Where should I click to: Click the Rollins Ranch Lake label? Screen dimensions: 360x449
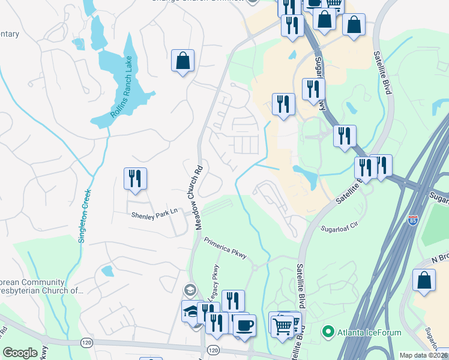point(121,95)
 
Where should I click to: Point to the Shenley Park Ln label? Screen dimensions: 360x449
point(155,212)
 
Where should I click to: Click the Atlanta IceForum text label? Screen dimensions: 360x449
point(360,331)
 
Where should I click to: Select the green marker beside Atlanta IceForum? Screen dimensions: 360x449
point(328,331)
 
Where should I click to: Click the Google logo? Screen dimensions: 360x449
point(20,353)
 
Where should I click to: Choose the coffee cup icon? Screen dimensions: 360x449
point(244,325)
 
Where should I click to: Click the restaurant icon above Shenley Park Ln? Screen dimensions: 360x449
point(135,178)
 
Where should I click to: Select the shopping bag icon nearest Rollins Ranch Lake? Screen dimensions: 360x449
point(182,60)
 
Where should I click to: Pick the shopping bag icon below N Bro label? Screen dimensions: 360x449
point(424,281)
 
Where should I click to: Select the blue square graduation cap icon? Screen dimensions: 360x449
point(192,311)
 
